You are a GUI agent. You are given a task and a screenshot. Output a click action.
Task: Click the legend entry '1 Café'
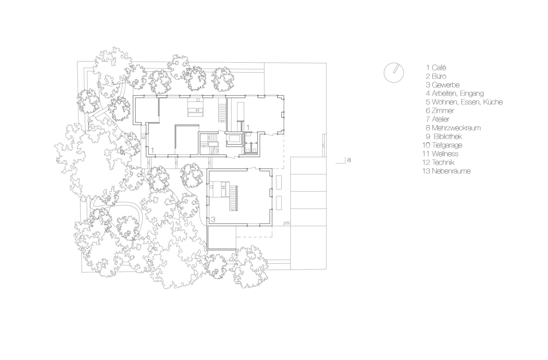(x=436, y=68)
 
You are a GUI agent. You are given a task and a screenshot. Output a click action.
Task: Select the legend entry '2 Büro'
(x=436, y=76)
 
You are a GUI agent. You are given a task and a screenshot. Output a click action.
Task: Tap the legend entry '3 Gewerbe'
(x=443, y=85)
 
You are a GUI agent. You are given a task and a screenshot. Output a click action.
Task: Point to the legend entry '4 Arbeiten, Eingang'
(x=455, y=94)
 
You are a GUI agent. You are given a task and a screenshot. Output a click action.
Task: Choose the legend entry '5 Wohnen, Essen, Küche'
(x=464, y=102)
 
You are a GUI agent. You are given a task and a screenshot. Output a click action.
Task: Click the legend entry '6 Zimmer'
(x=440, y=111)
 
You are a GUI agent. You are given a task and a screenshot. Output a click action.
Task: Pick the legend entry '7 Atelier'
(x=437, y=119)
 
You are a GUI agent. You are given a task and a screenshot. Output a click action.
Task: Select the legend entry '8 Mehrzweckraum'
(x=453, y=128)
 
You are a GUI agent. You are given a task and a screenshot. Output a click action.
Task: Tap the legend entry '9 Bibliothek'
(x=444, y=136)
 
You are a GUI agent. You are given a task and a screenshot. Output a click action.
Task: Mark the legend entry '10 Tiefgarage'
(x=443, y=145)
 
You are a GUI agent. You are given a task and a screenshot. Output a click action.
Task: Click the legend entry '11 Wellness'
(x=440, y=154)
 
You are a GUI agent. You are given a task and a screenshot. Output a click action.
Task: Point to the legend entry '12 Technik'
(x=438, y=162)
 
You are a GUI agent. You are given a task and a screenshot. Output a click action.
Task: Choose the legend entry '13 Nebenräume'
(x=447, y=171)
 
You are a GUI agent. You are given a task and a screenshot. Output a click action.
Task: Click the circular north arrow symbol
(x=394, y=73)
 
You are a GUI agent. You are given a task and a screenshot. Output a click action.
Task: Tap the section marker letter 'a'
(x=349, y=160)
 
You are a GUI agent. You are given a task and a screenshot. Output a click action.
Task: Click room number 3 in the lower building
(x=213, y=220)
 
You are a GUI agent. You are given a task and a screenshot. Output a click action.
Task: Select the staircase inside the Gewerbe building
(x=233, y=198)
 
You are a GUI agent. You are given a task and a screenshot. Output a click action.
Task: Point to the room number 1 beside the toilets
(x=248, y=127)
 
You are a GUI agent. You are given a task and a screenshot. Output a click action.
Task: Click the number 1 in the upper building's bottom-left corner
(x=153, y=150)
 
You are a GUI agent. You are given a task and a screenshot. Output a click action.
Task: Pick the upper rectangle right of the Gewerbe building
(x=279, y=182)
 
